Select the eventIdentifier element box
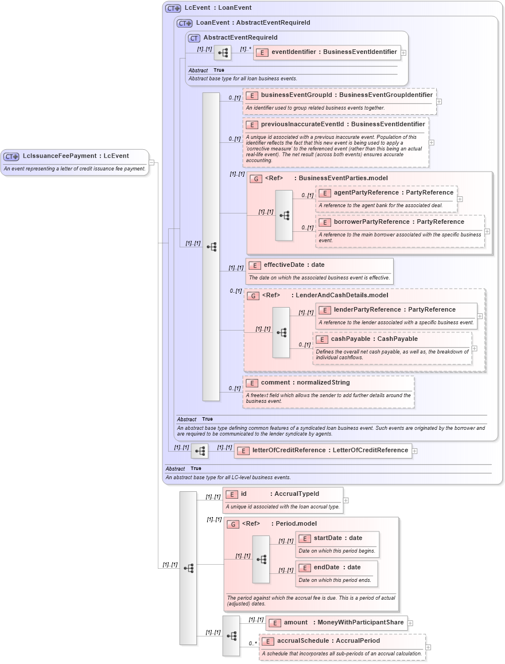coord(327,52)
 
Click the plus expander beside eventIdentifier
coord(403,52)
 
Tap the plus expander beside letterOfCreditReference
coord(415,451)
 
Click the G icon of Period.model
coord(233,524)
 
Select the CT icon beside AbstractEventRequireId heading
coord(195,38)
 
